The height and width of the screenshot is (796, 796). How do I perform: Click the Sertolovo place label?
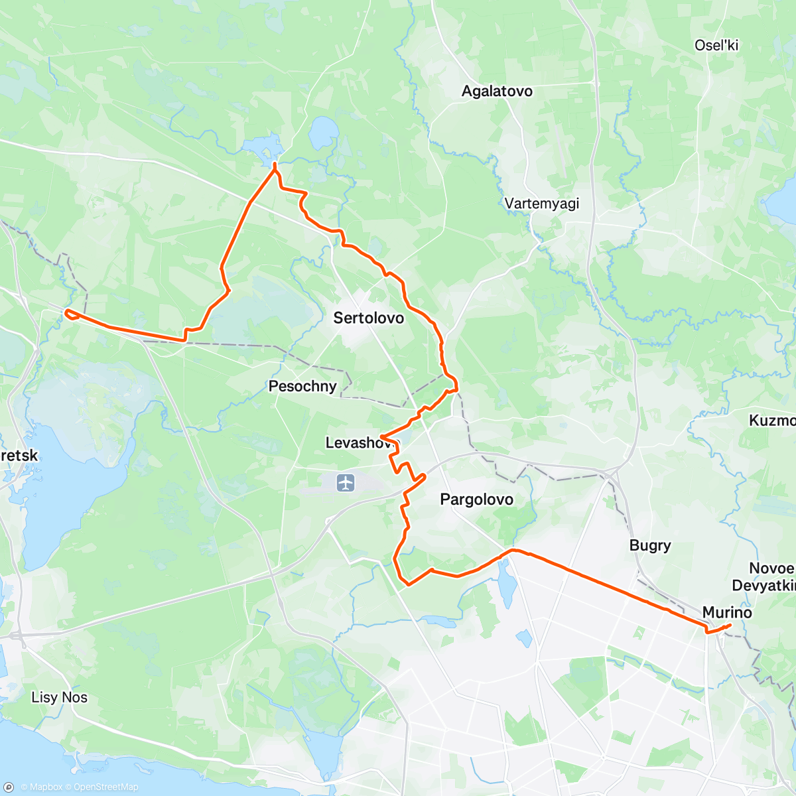pyautogui.click(x=368, y=318)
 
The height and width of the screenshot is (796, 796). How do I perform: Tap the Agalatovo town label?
pyautogui.click(x=497, y=91)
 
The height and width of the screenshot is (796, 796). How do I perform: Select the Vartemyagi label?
pyautogui.click(x=541, y=204)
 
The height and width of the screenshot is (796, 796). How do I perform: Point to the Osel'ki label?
pyautogui.click(x=716, y=45)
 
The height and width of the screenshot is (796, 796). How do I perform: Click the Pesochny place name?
pyautogui.click(x=302, y=386)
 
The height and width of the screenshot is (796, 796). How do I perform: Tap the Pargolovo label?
pyautogui.click(x=476, y=499)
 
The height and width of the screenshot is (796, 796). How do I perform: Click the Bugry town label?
pyautogui.click(x=649, y=545)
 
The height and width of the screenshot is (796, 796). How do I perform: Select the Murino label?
pyautogui.click(x=727, y=612)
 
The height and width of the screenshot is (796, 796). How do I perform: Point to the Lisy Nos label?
pyautogui.click(x=59, y=697)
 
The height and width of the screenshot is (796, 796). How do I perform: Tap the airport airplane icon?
pyautogui.click(x=346, y=482)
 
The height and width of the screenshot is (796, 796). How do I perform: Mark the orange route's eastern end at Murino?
pyautogui.click(x=730, y=626)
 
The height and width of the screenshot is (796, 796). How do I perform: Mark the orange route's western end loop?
pyautogui.click(x=70, y=313)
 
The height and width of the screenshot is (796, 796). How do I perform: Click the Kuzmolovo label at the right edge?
pyautogui.click(x=773, y=421)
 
